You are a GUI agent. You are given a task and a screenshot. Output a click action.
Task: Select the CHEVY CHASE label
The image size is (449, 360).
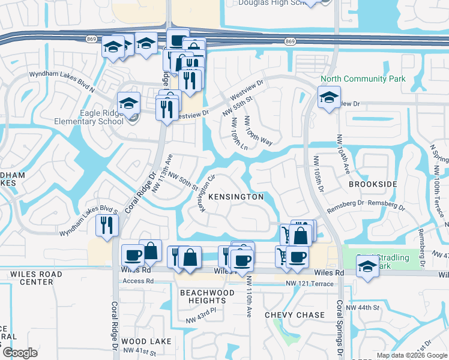click(x=295, y=315)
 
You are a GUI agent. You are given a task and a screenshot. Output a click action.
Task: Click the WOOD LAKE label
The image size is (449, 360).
click(x=146, y=341)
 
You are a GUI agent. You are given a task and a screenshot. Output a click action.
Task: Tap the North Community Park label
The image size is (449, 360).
click(x=363, y=79)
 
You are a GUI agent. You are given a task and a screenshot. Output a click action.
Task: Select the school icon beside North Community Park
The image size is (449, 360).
click(x=329, y=97)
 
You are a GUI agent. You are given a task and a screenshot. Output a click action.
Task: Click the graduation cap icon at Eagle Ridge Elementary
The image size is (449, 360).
click(x=128, y=103)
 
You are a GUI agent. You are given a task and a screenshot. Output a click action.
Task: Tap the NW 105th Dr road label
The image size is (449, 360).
click(x=318, y=175)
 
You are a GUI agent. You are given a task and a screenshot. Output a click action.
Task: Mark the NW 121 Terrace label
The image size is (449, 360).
click(x=309, y=283)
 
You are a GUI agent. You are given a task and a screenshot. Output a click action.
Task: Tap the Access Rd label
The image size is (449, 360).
click(x=133, y=281)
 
